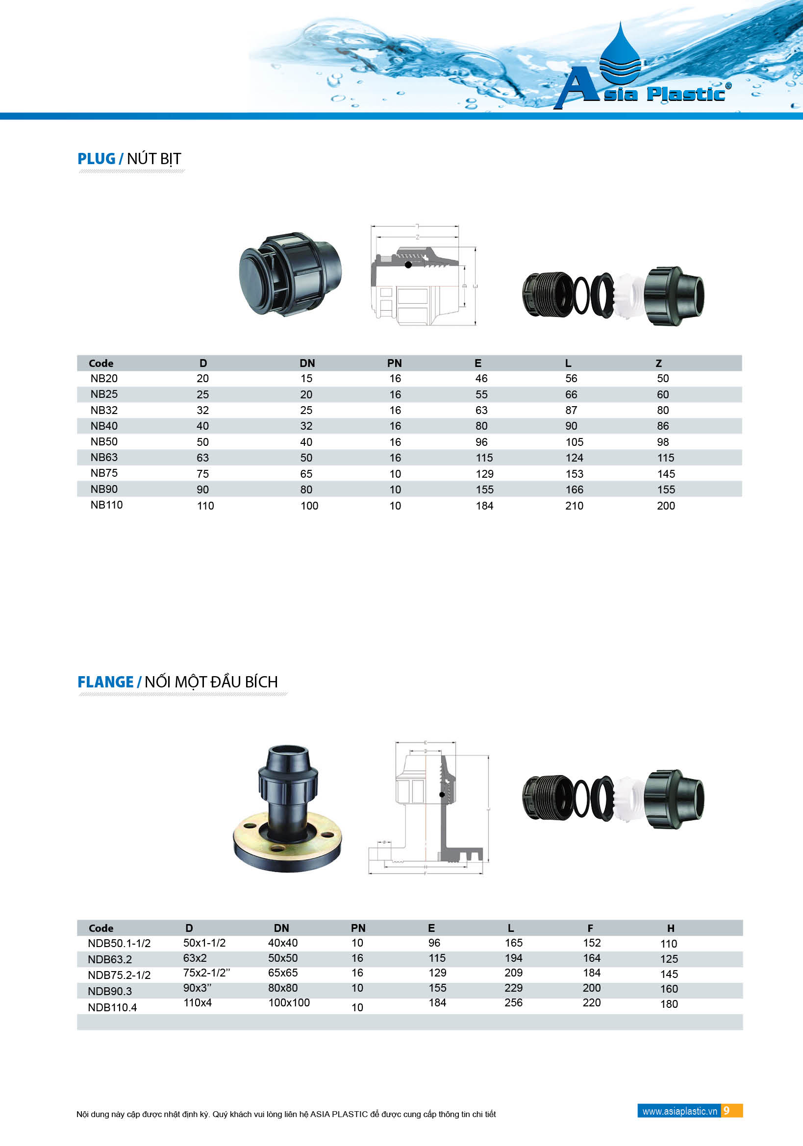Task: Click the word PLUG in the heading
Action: (x=97, y=159)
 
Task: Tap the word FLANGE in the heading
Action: (x=105, y=682)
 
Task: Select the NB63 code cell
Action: (x=104, y=457)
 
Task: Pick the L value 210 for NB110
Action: (x=574, y=506)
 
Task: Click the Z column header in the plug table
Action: (x=659, y=364)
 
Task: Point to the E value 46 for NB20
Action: (x=481, y=378)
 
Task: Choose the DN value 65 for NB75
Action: (x=306, y=474)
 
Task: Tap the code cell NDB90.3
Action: (x=110, y=991)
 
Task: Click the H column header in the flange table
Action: (x=671, y=928)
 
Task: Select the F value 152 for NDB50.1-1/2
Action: (x=592, y=943)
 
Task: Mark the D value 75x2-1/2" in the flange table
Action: (x=206, y=973)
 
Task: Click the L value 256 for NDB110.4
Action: (x=513, y=1002)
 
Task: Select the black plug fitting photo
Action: (x=290, y=274)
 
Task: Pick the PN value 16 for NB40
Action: (x=395, y=426)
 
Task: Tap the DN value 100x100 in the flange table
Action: (x=289, y=1002)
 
